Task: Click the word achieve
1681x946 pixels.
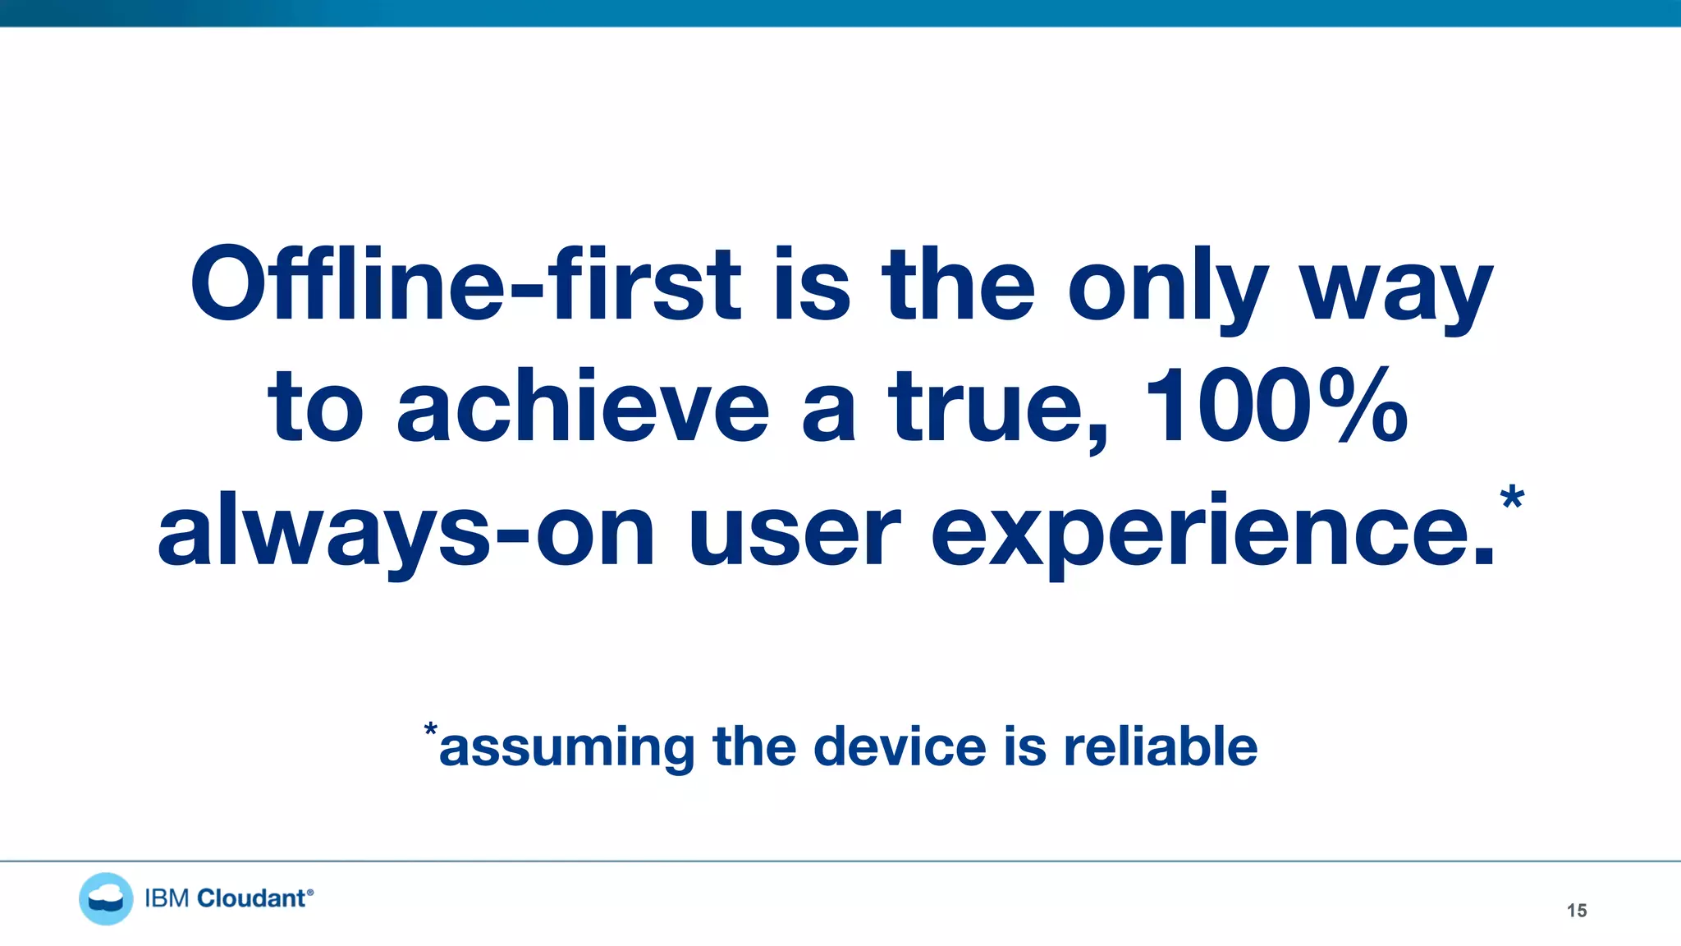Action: tap(583, 406)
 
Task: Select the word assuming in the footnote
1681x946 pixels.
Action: tap(567, 747)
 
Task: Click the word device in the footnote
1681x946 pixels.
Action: tap(900, 746)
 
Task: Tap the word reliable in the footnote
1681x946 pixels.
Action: tap(1160, 746)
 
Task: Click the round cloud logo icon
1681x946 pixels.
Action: tap(106, 898)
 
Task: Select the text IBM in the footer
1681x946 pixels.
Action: tap(167, 898)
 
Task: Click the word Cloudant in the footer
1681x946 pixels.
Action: tap(251, 898)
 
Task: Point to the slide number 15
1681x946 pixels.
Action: tap(1576, 911)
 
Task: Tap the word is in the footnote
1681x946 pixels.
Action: tap(1025, 746)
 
